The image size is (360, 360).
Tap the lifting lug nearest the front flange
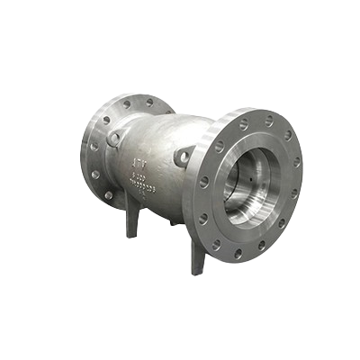[183, 158]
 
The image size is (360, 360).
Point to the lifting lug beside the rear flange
[115, 138]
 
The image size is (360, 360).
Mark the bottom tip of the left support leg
[131, 235]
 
